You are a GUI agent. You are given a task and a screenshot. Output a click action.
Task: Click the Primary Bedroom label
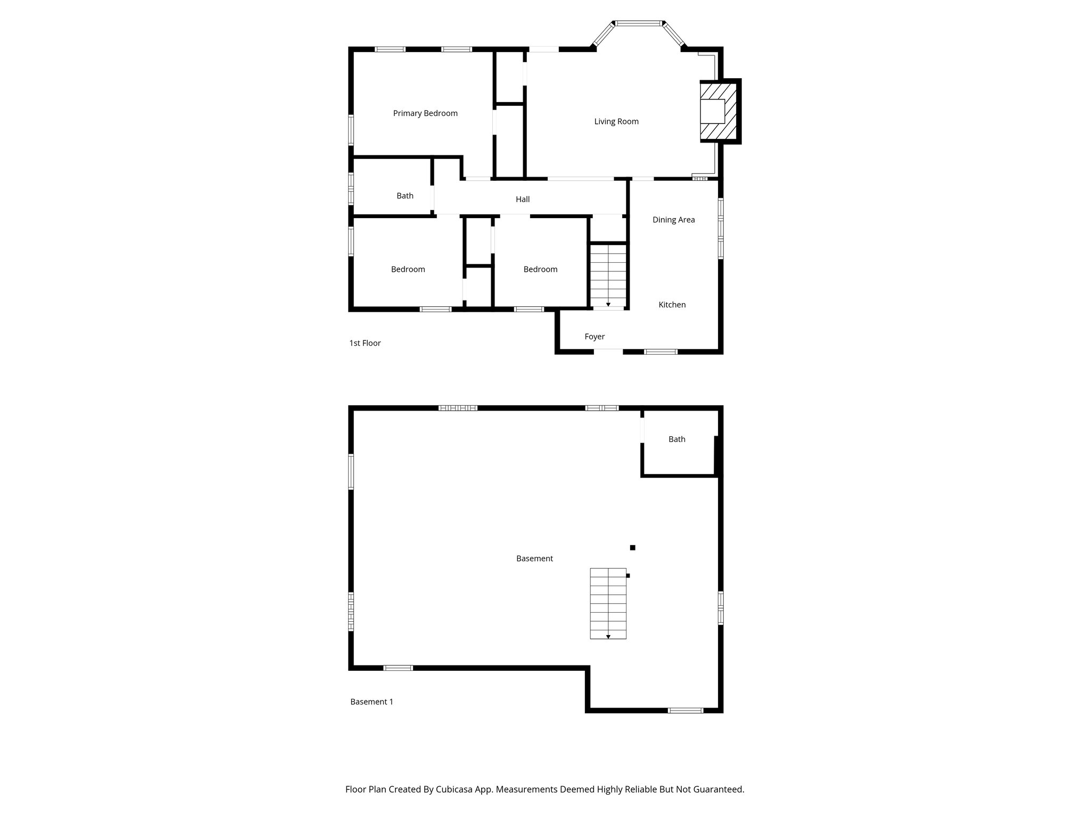coord(425,113)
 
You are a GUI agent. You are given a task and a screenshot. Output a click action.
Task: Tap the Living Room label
coord(616,121)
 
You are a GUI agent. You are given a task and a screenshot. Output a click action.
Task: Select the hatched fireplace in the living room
coord(719,111)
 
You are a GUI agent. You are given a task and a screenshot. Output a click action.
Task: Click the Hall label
coord(523,199)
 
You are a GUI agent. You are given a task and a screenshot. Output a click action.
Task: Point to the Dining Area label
coord(673,220)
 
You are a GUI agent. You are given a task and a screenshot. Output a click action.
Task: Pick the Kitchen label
coord(672,305)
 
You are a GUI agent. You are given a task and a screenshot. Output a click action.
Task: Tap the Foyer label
coord(594,337)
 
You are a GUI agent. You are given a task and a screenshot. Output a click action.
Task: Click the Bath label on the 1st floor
coord(405,196)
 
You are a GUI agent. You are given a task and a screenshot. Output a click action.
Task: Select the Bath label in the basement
coord(677,439)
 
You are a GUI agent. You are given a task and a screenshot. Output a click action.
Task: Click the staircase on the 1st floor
coord(608,275)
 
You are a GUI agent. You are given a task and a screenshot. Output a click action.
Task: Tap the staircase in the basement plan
coord(608,603)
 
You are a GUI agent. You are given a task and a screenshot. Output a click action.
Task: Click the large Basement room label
coord(534,558)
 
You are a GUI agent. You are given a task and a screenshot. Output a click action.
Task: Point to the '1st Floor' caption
coord(365,343)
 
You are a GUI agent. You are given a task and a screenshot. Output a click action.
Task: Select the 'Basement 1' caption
coord(371,702)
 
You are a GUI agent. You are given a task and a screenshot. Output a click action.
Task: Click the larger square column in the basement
coord(632,547)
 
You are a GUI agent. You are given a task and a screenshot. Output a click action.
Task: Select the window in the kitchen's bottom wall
coord(660,352)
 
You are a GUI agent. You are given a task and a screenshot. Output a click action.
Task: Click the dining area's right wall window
coord(721,228)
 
